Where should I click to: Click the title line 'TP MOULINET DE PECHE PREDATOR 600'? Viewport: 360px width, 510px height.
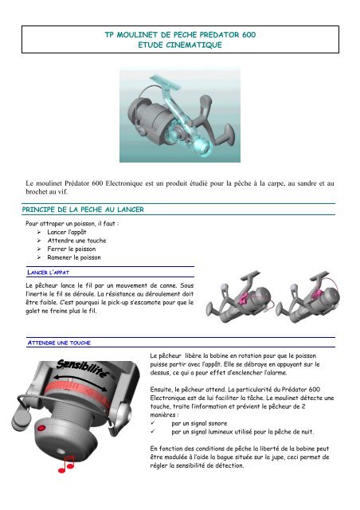tap(179, 37)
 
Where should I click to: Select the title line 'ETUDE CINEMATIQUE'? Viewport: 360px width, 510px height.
tap(179, 48)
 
